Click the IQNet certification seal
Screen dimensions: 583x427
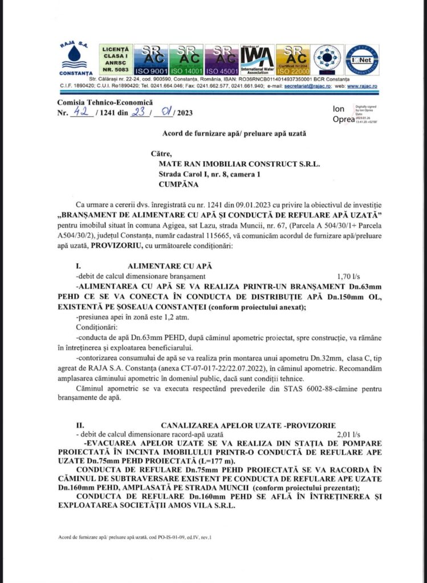tap(362, 60)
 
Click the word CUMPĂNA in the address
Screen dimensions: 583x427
tap(178, 184)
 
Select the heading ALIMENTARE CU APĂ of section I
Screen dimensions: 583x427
tap(171, 265)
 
